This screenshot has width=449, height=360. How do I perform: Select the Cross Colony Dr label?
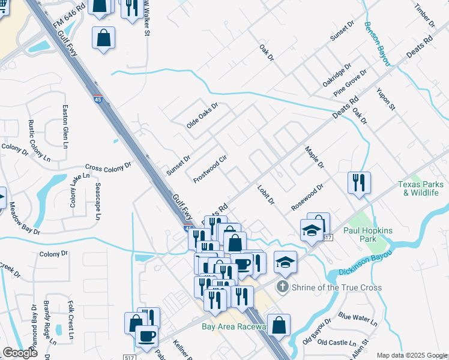(x=108, y=167)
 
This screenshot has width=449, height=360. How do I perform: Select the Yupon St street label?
(x=386, y=99)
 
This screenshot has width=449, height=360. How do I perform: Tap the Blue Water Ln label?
(x=357, y=319)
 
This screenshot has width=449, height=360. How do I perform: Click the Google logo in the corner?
(x=20, y=353)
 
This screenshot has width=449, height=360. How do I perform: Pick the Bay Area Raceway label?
(x=234, y=326)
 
